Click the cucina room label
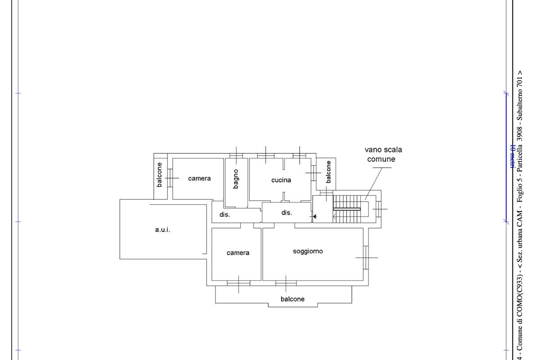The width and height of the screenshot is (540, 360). pos(281,180)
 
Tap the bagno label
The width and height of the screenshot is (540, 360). pos(236,179)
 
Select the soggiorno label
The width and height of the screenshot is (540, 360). pos(308,252)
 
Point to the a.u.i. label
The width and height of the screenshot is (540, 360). pos(162,230)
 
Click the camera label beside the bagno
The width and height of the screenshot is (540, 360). pos(199,179)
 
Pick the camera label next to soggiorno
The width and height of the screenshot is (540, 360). pos(238,253)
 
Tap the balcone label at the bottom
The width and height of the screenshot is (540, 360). pos(292,299)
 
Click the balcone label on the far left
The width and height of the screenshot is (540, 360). pos(159,175)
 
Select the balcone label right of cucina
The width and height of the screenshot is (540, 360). pos(328,172)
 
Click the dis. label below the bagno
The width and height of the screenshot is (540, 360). pos(225,215)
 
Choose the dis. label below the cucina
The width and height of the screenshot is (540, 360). pos(287,213)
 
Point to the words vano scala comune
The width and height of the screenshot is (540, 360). pos(383,154)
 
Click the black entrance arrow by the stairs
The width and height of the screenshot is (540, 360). pos(315,216)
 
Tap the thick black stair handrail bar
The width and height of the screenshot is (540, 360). pos(347,209)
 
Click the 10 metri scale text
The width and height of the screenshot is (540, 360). pos(513,156)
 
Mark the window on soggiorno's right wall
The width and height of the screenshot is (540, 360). pos(366,257)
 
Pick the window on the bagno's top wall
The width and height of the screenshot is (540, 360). pos(236,156)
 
